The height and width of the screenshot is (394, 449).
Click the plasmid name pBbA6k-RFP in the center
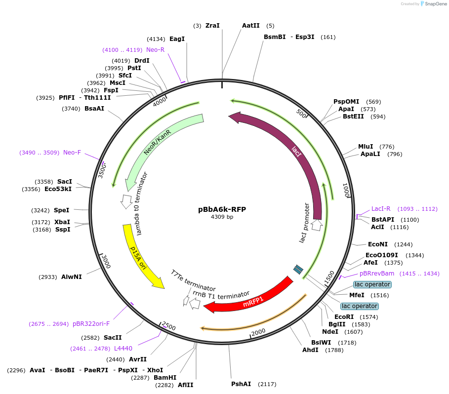click(x=222, y=209)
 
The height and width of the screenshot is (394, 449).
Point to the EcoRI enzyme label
click(x=344, y=316)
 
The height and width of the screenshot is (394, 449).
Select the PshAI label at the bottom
click(x=241, y=384)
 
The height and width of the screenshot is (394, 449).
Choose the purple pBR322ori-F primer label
click(x=91, y=324)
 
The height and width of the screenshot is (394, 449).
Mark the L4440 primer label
click(x=123, y=349)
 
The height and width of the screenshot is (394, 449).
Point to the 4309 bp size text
click(x=222, y=217)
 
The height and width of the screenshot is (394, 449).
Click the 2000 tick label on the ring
click(x=258, y=332)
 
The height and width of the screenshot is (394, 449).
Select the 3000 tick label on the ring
click(x=106, y=262)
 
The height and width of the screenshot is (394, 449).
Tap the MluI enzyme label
click(x=366, y=146)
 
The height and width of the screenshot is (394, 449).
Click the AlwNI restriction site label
click(x=72, y=277)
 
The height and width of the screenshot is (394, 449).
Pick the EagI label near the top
click(x=177, y=39)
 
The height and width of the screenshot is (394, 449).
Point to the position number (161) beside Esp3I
click(x=328, y=37)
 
